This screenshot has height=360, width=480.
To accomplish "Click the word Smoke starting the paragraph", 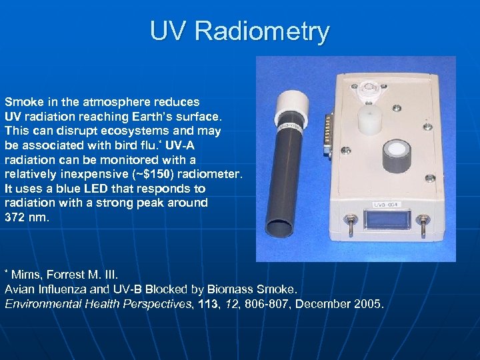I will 21,102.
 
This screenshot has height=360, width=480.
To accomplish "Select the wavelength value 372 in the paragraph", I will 15,217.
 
